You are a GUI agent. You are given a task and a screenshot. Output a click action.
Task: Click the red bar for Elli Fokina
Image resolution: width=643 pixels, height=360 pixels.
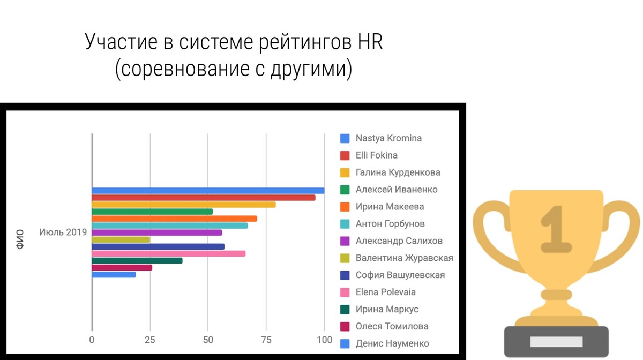pyautogui.click(x=204, y=198)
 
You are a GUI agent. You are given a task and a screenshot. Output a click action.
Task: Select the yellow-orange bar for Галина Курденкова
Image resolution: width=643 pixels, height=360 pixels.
pyautogui.click(x=184, y=205)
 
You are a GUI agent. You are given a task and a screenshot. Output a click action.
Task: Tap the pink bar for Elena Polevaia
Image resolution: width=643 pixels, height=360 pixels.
pyautogui.click(x=168, y=254)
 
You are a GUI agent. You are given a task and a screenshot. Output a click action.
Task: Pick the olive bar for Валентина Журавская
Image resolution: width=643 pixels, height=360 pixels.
pyautogui.click(x=121, y=239)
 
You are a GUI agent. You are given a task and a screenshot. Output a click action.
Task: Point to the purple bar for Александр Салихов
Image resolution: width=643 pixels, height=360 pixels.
pyautogui.click(x=157, y=232)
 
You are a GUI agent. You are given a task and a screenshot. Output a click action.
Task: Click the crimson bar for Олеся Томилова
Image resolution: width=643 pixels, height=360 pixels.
pyautogui.click(x=122, y=268)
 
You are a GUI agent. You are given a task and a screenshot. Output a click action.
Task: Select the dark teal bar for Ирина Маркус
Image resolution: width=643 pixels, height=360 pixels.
pyautogui.click(x=137, y=261)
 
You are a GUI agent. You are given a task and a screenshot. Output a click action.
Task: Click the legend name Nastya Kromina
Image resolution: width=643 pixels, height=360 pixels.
pyautogui.click(x=388, y=138)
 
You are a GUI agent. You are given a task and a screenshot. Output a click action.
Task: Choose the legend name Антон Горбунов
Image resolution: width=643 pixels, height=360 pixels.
pyautogui.click(x=390, y=223)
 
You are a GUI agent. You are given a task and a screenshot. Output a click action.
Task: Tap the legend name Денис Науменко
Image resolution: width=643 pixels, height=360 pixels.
pyautogui.click(x=392, y=343)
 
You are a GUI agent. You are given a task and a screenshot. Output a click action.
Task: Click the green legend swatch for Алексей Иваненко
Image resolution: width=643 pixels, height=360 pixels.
pyautogui.click(x=345, y=190)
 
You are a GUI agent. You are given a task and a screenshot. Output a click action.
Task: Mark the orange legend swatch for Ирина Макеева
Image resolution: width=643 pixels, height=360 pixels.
pyautogui.click(x=345, y=207)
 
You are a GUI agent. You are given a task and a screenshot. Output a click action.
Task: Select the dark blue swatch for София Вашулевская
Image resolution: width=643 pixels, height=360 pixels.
pyautogui.click(x=345, y=275)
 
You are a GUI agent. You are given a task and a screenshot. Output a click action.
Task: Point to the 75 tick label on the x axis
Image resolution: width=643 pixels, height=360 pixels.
pyautogui.click(x=266, y=340)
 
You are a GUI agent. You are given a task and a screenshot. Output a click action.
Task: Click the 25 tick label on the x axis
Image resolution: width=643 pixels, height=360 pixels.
pyautogui.click(x=150, y=340)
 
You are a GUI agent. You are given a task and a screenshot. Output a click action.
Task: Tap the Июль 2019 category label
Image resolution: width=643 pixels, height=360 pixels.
pyautogui.click(x=63, y=232)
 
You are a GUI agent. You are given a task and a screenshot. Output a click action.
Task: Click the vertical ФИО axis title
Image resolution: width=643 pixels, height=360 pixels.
pyautogui.click(x=20, y=239)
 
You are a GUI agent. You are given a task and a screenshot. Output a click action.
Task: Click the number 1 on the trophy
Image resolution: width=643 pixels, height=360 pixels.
pyautogui.click(x=556, y=229)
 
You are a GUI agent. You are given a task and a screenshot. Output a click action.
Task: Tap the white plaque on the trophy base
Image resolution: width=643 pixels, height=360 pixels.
pyautogui.click(x=556, y=342)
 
